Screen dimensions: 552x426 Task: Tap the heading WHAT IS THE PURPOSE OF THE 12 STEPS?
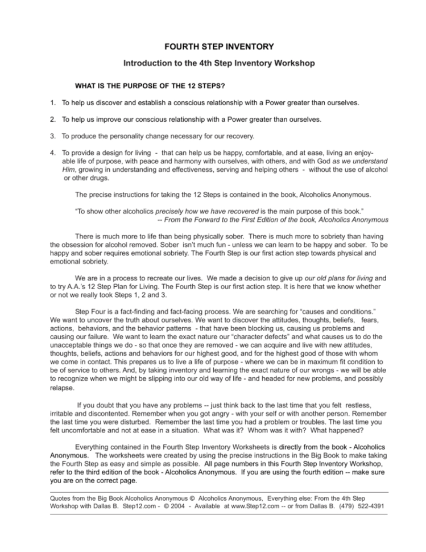(x=150, y=86)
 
